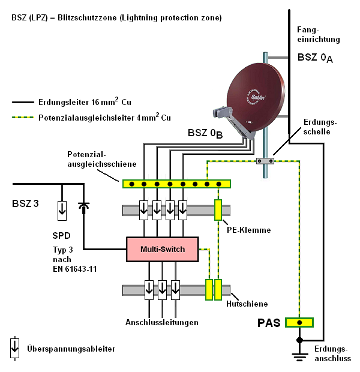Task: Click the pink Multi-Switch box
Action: pos(162,249)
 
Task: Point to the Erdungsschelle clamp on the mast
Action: pos(265,161)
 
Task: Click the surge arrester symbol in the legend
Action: pos(14,347)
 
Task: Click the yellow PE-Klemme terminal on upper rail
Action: pos(218,209)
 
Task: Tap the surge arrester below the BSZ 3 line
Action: pos(62,209)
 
